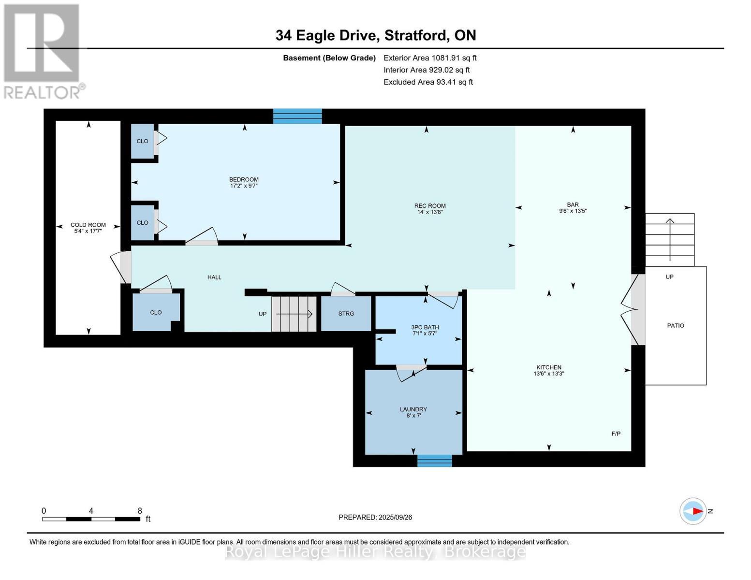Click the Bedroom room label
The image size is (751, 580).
(x=244, y=179)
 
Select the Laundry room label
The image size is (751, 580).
(x=413, y=409)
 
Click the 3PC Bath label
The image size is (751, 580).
(x=425, y=327)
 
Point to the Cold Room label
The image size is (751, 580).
(x=88, y=225)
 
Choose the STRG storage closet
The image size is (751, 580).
(x=346, y=314)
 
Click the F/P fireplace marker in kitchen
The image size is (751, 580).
(x=616, y=434)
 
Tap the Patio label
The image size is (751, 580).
(x=676, y=326)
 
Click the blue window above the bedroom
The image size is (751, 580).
(x=297, y=116)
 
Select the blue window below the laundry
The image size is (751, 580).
(x=434, y=461)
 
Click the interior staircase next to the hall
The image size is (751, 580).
(x=294, y=314)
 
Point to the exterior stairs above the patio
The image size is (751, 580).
(x=670, y=239)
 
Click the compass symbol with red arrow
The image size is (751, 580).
(x=693, y=511)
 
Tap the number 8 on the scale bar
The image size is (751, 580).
(x=140, y=511)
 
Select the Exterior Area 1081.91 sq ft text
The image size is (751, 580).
(x=430, y=58)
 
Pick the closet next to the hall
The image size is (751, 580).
(x=156, y=312)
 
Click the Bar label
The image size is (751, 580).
(x=573, y=204)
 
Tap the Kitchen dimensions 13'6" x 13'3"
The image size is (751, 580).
(x=548, y=374)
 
